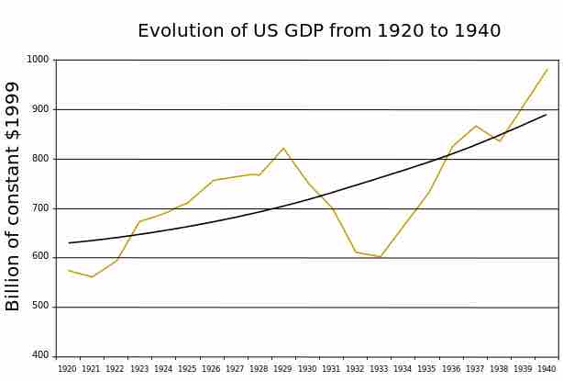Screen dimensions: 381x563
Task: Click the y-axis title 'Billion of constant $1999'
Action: [14, 196]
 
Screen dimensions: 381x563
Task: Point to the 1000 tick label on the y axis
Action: [38, 60]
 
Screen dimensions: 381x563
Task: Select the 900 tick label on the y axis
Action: [40, 109]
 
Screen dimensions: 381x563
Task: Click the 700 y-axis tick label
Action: [40, 208]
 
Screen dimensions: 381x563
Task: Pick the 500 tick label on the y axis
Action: [40, 307]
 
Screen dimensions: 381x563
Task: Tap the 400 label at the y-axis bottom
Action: [40, 355]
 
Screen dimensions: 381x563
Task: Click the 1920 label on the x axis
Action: [67, 369]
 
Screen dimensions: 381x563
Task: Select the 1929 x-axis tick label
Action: [283, 369]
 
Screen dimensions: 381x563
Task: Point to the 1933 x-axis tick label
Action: [379, 369]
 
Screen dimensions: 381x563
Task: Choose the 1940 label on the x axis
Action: [546, 369]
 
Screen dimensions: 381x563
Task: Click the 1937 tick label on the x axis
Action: [475, 369]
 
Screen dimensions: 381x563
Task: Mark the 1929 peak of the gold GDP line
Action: [283, 148]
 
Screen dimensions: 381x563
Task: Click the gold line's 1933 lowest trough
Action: [380, 257]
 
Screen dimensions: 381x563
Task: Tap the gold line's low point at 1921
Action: [92, 276]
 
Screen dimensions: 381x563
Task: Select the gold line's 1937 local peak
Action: [476, 126]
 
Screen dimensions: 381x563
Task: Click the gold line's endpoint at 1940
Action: [547, 69]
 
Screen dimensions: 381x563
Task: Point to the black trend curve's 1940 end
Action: [546, 115]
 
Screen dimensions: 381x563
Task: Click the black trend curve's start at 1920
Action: [69, 242]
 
